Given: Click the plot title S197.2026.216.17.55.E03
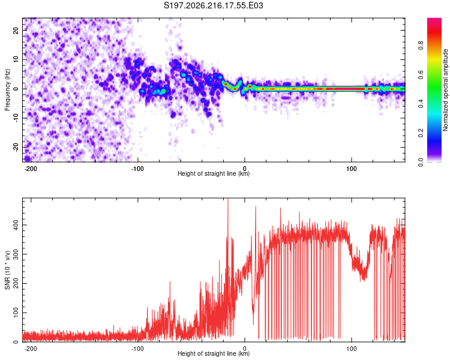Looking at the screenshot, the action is pyautogui.click(x=213, y=5).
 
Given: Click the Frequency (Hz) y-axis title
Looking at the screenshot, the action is pyautogui.click(x=7, y=90).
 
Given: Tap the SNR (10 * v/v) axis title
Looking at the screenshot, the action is pyautogui.click(x=7, y=270).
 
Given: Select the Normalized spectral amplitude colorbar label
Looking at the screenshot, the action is pyautogui.click(x=445, y=90).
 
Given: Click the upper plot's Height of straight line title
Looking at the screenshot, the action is pyautogui.click(x=214, y=173).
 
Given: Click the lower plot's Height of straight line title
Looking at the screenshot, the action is pyautogui.click(x=214, y=353).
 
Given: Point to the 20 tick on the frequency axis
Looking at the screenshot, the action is pyautogui.click(x=16, y=31).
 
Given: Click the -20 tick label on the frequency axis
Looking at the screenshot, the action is pyautogui.click(x=16, y=147).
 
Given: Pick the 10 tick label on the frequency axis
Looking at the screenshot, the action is pyautogui.click(x=16, y=59).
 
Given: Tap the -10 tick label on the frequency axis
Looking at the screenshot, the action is pyautogui.click(x=16, y=118).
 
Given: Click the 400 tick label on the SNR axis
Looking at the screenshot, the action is pyautogui.click(x=16, y=225).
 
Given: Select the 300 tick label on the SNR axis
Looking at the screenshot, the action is pyautogui.click(x=16, y=254).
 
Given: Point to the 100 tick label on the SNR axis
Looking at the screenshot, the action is pyautogui.click(x=16, y=313).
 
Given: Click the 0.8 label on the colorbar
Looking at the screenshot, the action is pyautogui.click(x=421, y=46).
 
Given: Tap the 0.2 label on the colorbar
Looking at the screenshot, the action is pyautogui.click(x=421, y=133).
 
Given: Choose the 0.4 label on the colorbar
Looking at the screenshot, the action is pyautogui.click(x=421, y=104).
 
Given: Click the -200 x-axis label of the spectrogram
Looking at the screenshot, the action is pyautogui.click(x=31, y=169).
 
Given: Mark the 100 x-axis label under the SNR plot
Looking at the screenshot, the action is pyautogui.click(x=351, y=349).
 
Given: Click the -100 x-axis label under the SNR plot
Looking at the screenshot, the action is pyautogui.click(x=137, y=349).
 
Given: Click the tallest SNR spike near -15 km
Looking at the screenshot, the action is pyautogui.click(x=228, y=199).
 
